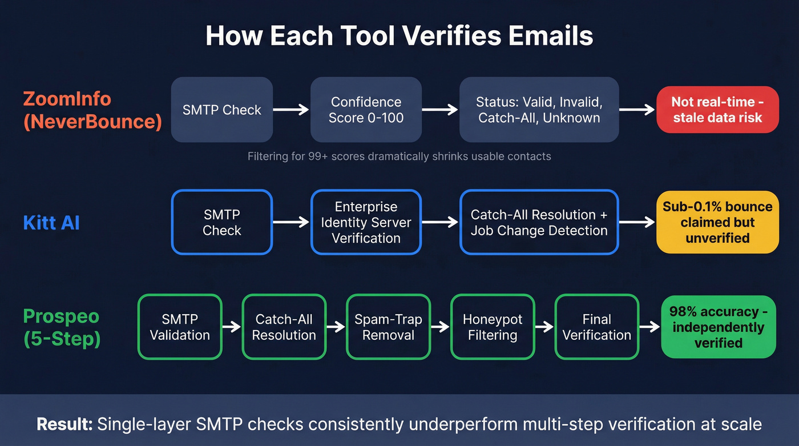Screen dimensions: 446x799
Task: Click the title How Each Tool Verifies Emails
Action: [x=399, y=35]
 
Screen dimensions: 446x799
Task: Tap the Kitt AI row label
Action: [x=51, y=222]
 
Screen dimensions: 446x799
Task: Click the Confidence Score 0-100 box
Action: [x=366, y=110]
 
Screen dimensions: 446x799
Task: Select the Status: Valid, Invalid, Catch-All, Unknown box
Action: [x=539, y=110]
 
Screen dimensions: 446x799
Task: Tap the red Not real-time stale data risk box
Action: [x=717, y=110]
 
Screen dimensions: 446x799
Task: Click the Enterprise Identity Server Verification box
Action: [x=366, y=222]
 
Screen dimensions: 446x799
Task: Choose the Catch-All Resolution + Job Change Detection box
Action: [x=539, y=222]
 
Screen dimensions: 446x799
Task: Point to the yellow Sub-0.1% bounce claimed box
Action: [x=717, y=222]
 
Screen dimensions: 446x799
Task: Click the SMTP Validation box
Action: [x=180, y=327]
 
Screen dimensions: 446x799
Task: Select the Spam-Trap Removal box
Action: [x=388, y=327]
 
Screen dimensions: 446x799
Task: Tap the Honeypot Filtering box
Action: [x=492, y=327]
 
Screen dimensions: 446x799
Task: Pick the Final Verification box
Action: [x=596, y=327]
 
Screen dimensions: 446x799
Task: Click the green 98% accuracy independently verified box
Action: [x=718, y=327]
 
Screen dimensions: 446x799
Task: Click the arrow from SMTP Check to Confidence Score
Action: [x=291, y=110]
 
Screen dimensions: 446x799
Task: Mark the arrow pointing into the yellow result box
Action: [x=637, y=222]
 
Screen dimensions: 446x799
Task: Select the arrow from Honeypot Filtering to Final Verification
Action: [x=544, y=327]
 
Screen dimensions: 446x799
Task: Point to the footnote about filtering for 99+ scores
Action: [x=399, y=156]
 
